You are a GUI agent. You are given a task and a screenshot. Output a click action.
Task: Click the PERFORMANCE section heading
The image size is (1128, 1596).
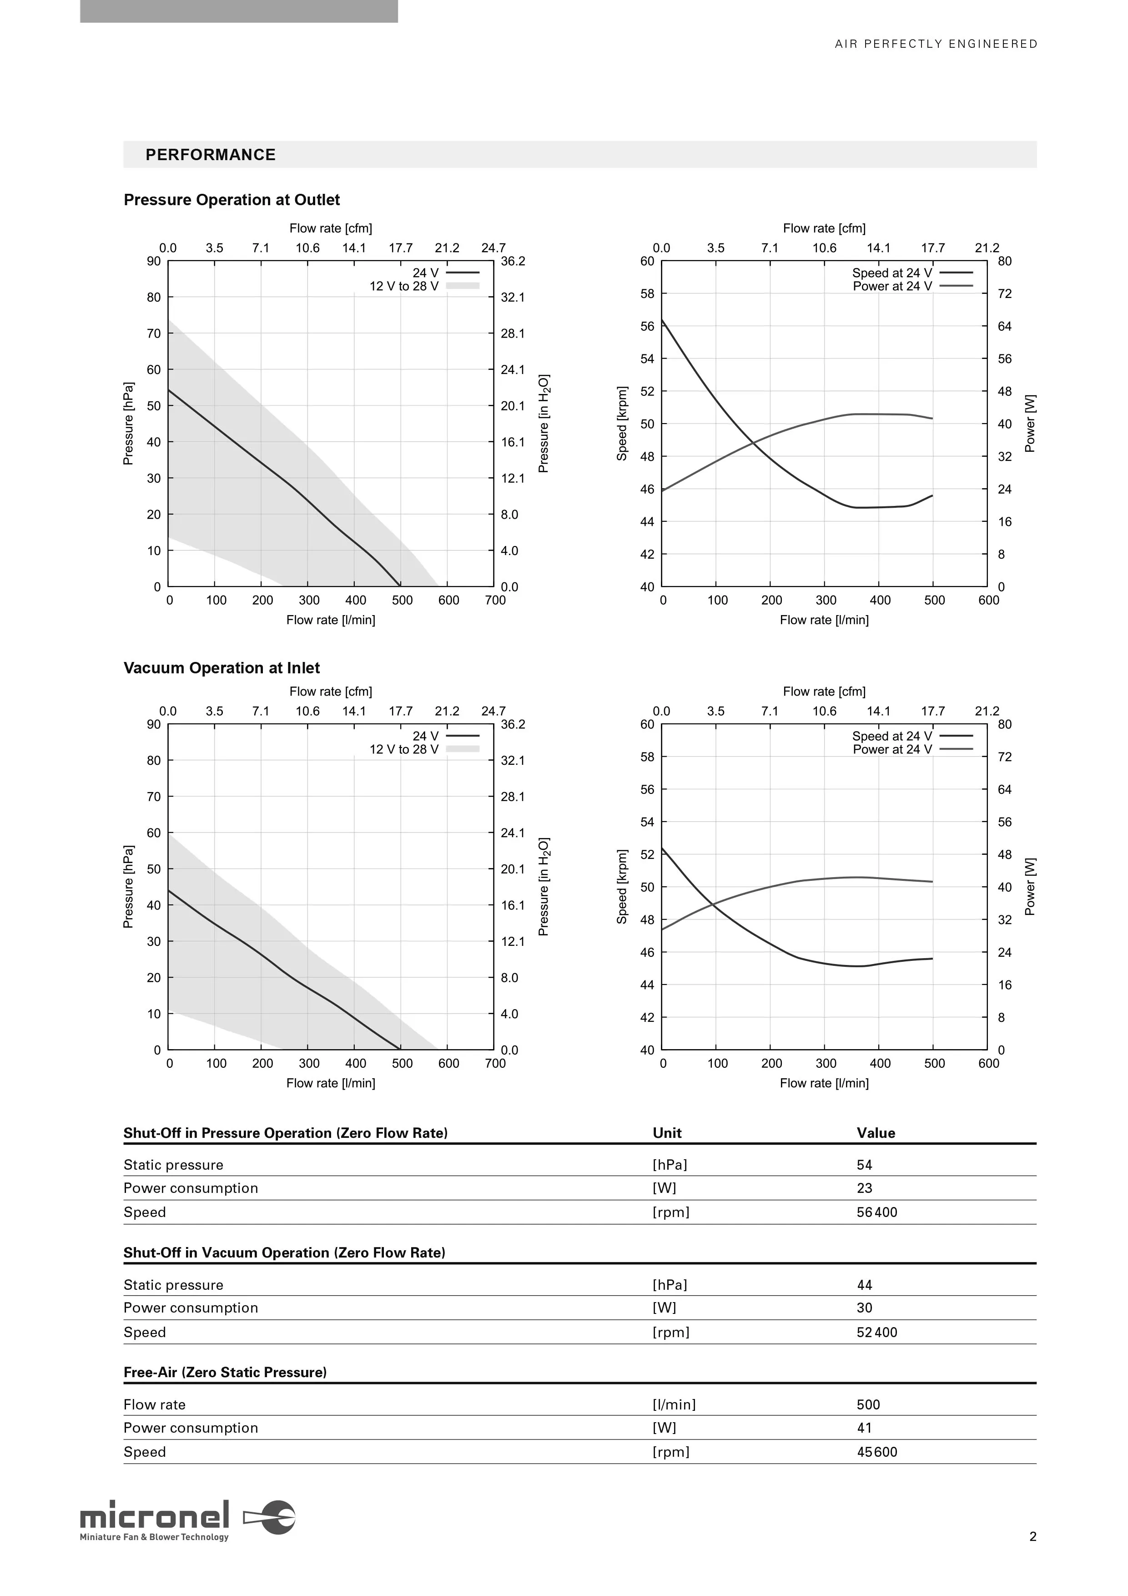tap(211, 155)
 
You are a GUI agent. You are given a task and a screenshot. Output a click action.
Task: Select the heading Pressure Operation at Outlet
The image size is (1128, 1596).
tap(232, 200)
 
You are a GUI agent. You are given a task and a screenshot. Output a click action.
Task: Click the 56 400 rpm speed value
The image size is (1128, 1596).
tap(877, 1212)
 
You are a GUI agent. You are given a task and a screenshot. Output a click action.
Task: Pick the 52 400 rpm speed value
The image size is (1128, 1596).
tap(877, 1333)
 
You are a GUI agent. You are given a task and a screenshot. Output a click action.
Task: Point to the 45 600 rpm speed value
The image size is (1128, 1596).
tap(877, 1452)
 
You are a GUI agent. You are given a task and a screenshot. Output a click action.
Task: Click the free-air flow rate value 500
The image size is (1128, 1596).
tap(869, 1405)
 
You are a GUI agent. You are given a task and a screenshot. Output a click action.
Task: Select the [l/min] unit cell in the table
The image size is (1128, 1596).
tap(674, 1405)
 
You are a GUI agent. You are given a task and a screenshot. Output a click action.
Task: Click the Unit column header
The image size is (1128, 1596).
tap(667, 1133)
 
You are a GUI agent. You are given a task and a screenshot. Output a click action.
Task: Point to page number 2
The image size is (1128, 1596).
tap(1033, 1537)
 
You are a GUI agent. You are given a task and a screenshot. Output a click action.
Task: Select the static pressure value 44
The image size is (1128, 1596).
tap(865, 1285)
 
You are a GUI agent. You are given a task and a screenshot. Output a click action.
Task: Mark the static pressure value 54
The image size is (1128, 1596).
tap(865, 1165)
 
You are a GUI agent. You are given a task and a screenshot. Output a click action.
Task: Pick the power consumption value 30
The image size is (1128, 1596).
tap(865, 1308)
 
